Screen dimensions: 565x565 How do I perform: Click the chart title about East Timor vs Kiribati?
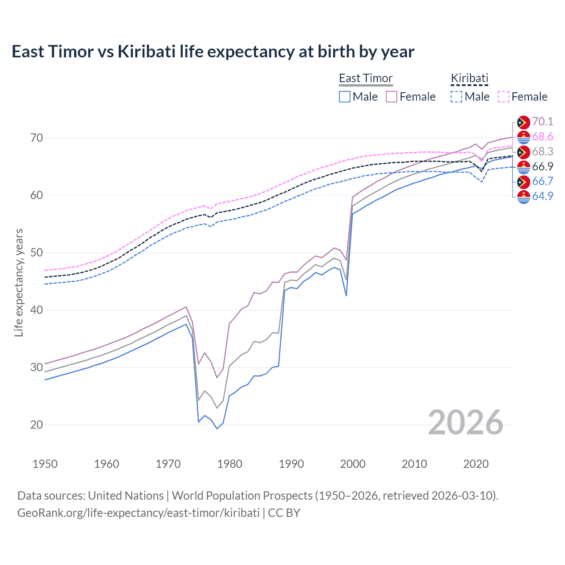[213, 52]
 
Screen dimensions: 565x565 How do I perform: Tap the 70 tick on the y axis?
[37, 138]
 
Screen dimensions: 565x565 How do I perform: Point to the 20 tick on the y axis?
[37, 425]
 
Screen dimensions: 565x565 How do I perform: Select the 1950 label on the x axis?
[45, 464]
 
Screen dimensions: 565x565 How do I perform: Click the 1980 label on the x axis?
[230, 464]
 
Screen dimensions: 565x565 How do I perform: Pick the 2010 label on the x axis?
[414, 464]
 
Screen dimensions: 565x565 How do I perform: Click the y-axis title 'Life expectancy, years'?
[19, 282]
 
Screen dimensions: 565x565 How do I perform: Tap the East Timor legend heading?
[365, 78]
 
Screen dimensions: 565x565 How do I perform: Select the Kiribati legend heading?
[469, 78]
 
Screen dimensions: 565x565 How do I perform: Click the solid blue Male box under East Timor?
[345, 97]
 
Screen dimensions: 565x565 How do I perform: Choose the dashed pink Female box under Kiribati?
[504, 97]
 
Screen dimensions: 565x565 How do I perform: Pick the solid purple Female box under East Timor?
[392, 97]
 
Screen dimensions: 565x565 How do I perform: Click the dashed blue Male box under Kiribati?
[456, 97]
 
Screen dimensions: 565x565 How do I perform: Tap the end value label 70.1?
[542, 121]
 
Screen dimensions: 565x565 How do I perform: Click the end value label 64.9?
[542, 196]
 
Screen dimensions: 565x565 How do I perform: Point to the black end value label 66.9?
[542, 166]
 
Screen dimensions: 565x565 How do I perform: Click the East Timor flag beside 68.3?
[524, 152]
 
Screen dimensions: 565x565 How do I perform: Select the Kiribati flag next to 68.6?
[524, 137]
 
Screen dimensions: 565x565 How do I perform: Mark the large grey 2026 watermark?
[466, 422]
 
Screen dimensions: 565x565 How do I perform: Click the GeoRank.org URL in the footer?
[138, 513]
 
